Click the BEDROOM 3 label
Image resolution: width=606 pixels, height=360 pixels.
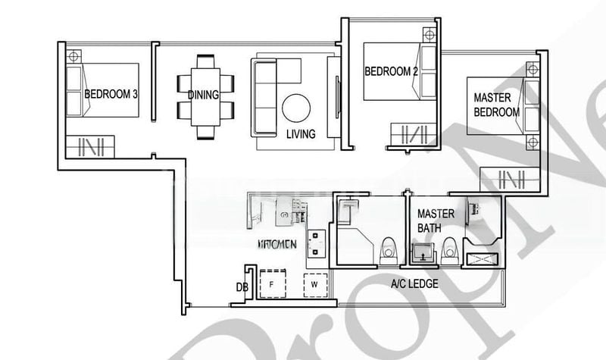[x=111, y=95]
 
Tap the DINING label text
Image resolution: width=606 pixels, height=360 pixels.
[x=203, y=95]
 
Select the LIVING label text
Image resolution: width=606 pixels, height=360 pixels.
[x=301, y=134]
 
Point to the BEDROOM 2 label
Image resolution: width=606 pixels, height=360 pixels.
[x=391, y=72]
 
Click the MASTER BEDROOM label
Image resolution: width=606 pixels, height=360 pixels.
[x=496, y=105]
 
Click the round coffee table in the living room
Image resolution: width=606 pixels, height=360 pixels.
[x=296, y=108]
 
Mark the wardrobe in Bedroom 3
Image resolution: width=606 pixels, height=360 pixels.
[x=89, y=146]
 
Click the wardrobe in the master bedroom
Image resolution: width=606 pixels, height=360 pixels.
[x=509, y=180]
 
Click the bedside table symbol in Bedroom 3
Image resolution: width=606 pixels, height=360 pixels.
[x=73, y=56]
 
